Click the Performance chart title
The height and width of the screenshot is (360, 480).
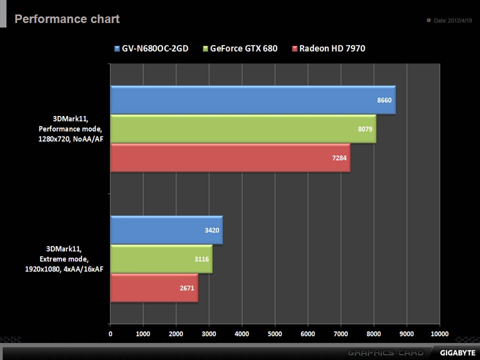pyautogui.click(x=67, y=19)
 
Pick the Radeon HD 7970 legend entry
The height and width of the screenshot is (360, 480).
pyautogui.click(x=331, y=48)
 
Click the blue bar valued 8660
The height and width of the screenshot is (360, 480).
pyautogui.click(x=252, y=100)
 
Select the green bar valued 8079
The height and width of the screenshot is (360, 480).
pyautogui.click(x=243, y=129)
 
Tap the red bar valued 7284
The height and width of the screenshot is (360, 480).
pyautogui.click(x=230, y=158)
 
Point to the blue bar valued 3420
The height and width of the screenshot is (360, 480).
pyautogui.click(x=166, y=230)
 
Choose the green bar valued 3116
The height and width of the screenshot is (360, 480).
pyautogui.click(x=161, y=259)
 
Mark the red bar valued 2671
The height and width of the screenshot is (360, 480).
pyautogui.click(x=154, y=288)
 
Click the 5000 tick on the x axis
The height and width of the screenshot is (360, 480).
pyautogui.click(x=274, y=333)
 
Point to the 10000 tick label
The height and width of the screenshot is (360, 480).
pyautogui.click(x=439, y=333)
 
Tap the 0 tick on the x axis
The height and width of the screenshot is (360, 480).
pyautogui.click(x=110, y=333)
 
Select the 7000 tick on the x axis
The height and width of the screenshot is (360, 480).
pyautogui.click(x=340, y=333)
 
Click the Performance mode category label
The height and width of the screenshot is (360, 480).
pyautogui.click(x=70, y=129)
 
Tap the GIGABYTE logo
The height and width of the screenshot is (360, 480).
pyautogui.click(x=457, y=352)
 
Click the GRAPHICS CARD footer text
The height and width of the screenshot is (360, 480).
pyautogui.click(x=385, y=352)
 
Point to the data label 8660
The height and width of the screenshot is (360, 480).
pyautogui.click(x=384, y=100)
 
